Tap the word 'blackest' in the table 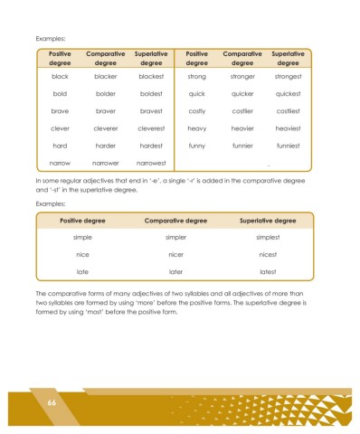151,77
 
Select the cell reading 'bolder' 105,94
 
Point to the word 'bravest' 151,111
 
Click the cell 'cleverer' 105,128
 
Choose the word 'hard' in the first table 61,146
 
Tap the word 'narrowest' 151,163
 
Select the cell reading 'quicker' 242,94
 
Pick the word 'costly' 197,111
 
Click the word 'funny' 197,146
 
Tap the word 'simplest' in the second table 267,237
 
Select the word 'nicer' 176,254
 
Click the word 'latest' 267,271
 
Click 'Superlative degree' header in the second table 267,220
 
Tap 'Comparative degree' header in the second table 176,220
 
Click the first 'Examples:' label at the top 51,39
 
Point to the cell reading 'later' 176,271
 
